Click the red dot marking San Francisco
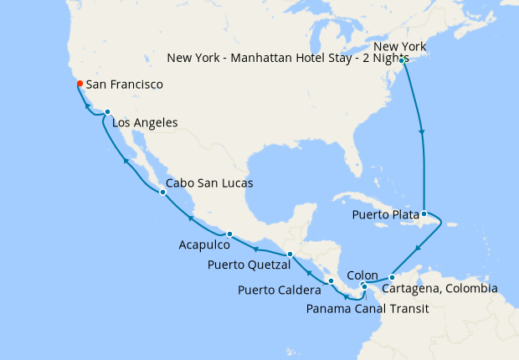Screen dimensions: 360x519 (79, 83)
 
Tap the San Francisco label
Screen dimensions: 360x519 (124, 85)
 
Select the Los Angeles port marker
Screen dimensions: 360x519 (107, 111)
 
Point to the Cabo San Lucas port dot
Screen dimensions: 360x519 (162, 192)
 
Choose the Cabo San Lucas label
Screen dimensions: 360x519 (209, 183)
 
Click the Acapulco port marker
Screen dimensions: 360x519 (229, 234)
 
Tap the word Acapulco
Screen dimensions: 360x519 (204, 245)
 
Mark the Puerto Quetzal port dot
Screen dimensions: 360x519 (289, 254)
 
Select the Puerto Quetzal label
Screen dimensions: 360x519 (249, 265)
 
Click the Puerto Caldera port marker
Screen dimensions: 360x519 (331, 280)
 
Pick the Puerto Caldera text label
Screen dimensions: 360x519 (280, 291)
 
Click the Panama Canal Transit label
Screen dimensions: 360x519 (367, 308)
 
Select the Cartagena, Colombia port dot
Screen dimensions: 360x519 (392, 277)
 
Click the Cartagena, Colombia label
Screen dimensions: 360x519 (439, 289)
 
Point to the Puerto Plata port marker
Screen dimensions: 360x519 (424, 213)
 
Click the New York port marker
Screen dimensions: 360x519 (403, 60)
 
